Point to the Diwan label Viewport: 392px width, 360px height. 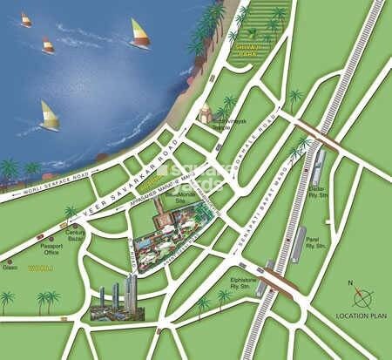[10, 268]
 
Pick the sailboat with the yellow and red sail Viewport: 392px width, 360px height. [139, 35]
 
